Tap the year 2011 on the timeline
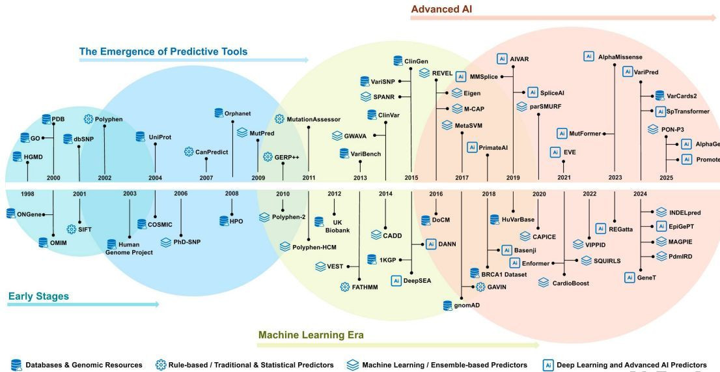click(x=309, y=177)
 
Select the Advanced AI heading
click(x=441, y=9)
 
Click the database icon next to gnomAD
click(x=448, y=305)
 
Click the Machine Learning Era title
click(x=311, y=335)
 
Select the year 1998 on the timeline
click(x=27, y=193)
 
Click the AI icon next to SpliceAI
click(x=533, y=93)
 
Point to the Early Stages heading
click(x=38, y=296)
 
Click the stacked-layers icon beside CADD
click(x=377, y=234)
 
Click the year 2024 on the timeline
click(x=640, y=193)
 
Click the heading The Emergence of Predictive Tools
click(x=163, y=51)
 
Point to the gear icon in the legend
click(x=161, y=365)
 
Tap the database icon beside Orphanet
click(x=219, y=113)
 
